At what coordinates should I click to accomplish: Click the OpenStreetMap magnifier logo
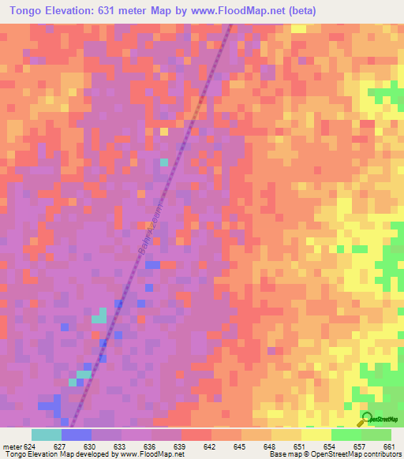367,420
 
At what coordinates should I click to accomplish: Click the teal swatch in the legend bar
47,435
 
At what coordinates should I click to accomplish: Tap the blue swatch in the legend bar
77,435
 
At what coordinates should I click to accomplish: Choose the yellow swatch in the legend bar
316,435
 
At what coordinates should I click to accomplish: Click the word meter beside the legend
9,446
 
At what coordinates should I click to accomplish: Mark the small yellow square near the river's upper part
164,132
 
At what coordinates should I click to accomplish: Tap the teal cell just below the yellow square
164,162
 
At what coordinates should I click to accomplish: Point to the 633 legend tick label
120,446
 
